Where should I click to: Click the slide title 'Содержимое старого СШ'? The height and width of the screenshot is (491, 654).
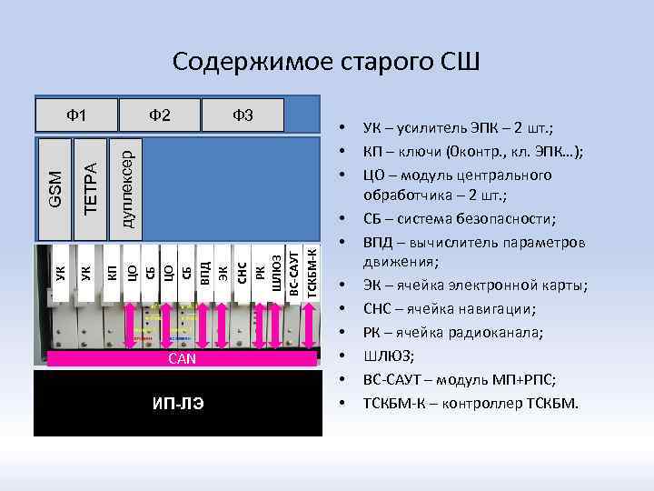326,62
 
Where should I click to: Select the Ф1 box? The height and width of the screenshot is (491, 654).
77,115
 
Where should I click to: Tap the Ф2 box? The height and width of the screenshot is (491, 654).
160,115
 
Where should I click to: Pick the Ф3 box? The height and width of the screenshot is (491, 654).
243,115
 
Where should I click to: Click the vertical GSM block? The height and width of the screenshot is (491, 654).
54,188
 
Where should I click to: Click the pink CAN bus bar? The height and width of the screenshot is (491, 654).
183,359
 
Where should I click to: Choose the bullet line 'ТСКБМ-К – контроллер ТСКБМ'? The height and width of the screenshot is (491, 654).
470,402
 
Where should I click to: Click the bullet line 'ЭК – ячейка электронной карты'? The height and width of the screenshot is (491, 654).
475,286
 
